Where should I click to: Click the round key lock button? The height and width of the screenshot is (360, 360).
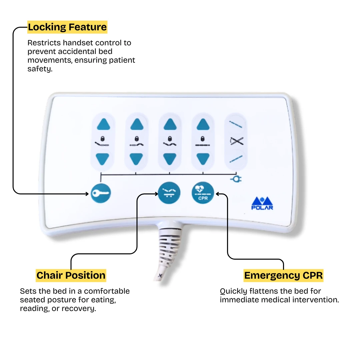[101, 193]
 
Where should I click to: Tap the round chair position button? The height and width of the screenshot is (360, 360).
[169, 193]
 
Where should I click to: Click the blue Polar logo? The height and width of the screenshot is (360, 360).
[262, 203]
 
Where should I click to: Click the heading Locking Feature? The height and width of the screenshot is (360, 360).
[67, 27]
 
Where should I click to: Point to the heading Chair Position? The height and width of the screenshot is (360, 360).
[71, 275]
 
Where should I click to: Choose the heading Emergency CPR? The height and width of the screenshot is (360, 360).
[284, 275]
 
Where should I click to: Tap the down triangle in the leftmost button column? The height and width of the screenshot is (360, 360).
[103, 159]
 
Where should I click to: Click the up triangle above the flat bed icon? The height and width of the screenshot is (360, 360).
[203, 125]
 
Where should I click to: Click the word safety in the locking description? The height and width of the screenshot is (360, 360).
[40, 69]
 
